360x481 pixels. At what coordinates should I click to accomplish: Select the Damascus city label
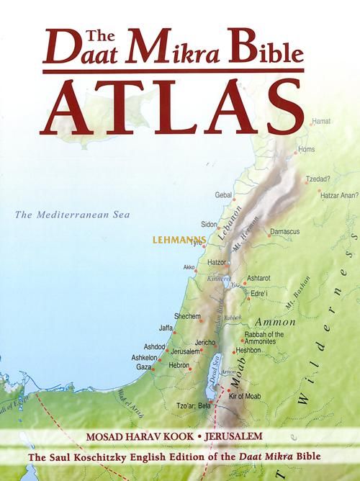pyautogui.click(x=284, y=232)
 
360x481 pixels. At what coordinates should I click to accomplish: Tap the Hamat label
pyautogui.click(x=321, y=123)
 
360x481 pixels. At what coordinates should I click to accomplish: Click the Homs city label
pyautogui.click(x=307, y=149)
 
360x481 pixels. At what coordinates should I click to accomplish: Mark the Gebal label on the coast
pyautogui.click(x=224, y=195)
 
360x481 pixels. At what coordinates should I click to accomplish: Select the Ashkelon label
pyautogui.click(x=145, y=357)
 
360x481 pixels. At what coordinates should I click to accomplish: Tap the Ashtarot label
pyautogui.click(x=260, y=277)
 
